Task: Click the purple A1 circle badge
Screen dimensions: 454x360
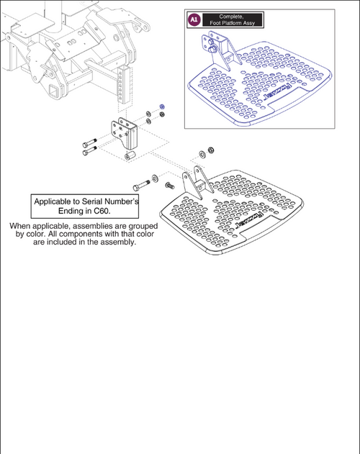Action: pyautogui.click(x=193, y=21)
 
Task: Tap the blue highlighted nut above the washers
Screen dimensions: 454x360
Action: pyautogui.click(x=162, y=106)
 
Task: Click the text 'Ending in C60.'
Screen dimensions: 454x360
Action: pyautogui.click(x=85, y=213)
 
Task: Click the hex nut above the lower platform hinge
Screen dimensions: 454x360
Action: pyautogui.click(x=210, y=150)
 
